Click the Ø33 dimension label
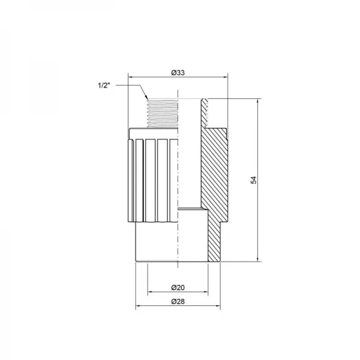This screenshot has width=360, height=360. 177,73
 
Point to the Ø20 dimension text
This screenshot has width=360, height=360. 177,287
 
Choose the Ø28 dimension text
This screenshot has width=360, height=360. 177,301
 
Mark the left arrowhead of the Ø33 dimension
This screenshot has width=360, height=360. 130,77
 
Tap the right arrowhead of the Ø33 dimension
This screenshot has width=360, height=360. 226,77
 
